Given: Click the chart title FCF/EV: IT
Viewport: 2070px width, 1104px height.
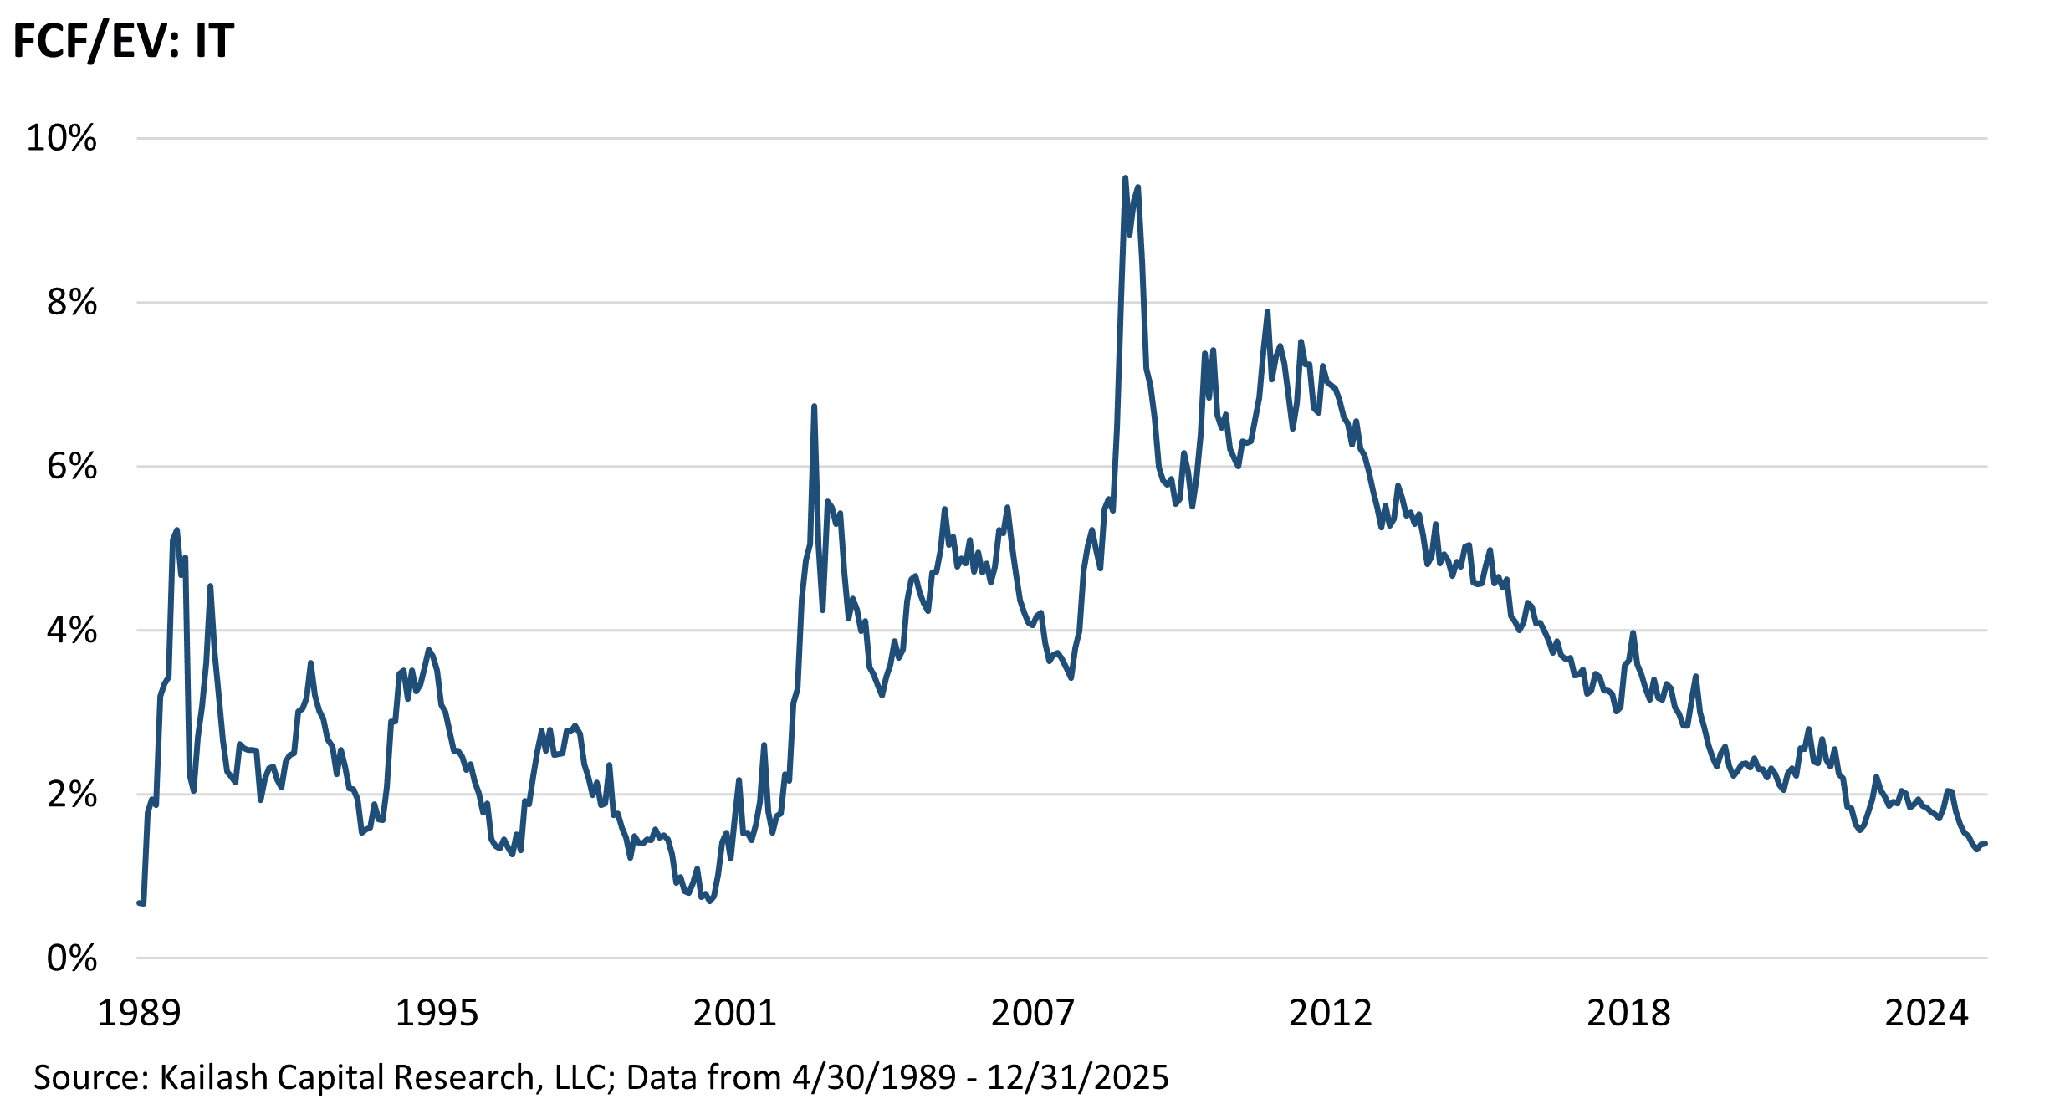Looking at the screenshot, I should (123, 42).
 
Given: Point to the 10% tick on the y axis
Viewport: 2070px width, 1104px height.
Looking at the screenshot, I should (62, 138).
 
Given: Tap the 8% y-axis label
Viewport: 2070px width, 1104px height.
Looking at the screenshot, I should (72, 302).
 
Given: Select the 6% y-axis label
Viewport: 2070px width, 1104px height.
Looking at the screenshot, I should (72, 466).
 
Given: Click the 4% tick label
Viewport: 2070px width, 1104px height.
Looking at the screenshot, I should (72, 630).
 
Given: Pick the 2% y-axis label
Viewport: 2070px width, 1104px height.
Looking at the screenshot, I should (72, 794).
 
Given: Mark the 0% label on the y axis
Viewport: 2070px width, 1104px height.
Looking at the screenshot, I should (72, 958).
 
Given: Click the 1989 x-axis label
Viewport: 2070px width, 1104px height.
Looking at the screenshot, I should (139, 1013).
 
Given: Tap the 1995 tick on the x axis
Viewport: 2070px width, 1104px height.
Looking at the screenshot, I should (436, 1013).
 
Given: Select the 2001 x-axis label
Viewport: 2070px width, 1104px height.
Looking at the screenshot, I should (734, 1013).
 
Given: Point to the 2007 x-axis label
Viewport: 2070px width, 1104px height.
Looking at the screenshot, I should (1032, 1013).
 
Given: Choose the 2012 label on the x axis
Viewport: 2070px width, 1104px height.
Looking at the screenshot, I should (1330, 1013).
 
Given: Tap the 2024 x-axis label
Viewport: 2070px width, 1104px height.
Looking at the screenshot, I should (1926, 1013).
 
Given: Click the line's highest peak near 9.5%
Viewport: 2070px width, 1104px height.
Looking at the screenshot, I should (1125, 178).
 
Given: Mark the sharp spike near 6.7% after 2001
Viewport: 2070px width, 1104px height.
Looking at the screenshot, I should (814, 407).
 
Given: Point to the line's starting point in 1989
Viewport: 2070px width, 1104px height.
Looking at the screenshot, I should (139, 902).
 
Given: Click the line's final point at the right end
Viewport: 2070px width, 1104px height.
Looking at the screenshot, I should (1986, 843).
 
